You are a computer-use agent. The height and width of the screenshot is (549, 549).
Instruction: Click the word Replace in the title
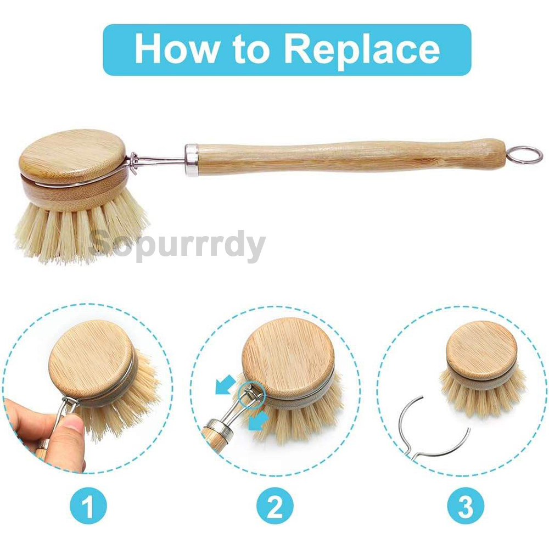[x=362, y=49]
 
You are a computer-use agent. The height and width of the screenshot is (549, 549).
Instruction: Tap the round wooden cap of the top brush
[x=73, y=153]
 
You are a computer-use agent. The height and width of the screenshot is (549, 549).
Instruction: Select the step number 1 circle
[x=88, y=506]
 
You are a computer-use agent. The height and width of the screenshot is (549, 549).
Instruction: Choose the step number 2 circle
[x=275, y=506]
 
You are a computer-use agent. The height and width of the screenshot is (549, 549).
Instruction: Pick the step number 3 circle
[x=465, y=506]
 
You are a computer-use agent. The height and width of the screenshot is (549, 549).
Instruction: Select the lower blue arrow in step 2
[x=256, y=421]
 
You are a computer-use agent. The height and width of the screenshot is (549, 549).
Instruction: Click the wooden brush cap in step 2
[x=288, y=357]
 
